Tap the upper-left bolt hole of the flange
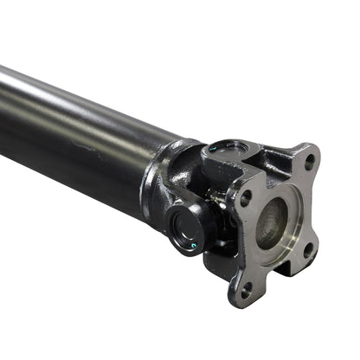pyautogui.click(x=246, y=197)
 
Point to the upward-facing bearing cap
pyautogui.click(x=227, y=151)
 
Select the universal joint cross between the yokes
pyautogui.click(x=212, y=195)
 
